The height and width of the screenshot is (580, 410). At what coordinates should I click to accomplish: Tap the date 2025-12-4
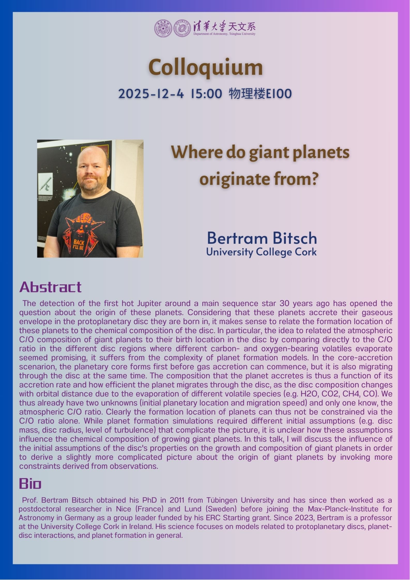pyautogui.click(x=151, y=94)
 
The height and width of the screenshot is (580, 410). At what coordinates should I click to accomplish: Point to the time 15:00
pyautogui.click(x=206, y=94)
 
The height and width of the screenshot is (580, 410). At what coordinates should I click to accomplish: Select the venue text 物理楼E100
pyautogui.click(x=260, y=94)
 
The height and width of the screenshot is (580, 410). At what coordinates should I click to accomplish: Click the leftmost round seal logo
pyautogui.click(x=163, y=28)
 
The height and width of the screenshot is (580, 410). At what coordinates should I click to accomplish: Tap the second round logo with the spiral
pyautogui.click(x=182, y=28)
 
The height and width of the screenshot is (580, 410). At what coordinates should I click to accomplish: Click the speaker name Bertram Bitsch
pyautogui.click(x=262, y=238)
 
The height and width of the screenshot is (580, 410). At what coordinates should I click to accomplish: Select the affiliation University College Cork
pyautogui.click(x=261, y=252)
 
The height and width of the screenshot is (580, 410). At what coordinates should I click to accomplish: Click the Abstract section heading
pyautogui.click(x=50, y=287)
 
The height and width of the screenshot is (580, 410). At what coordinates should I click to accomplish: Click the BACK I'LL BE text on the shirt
pyautogui.click(x=78, y=245)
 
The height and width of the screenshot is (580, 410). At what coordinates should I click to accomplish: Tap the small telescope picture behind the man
pyautogui.click(x=45, y=182)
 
